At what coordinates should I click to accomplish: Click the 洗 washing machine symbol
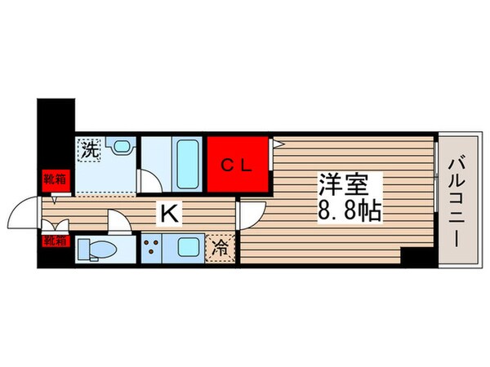point(91,149)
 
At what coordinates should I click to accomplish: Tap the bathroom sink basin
point(122,148)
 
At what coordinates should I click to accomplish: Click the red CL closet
point(238,163)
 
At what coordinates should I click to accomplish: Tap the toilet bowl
point(101,249)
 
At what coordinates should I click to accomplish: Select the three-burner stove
point(153,247)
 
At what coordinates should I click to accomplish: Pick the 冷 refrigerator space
point(221,247)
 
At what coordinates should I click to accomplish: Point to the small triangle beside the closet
point(277,144)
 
